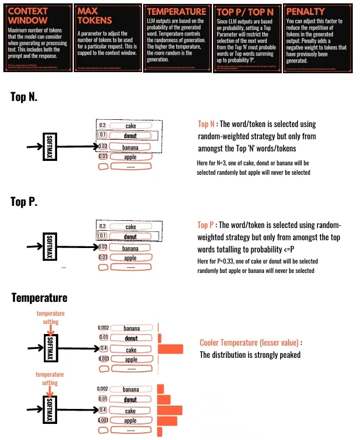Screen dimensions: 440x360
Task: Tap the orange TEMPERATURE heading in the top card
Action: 176,11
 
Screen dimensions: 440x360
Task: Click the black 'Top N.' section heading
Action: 24,97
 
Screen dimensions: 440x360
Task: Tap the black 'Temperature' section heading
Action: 39,298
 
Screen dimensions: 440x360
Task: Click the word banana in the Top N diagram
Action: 130,147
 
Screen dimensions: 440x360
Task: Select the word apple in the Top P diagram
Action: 130,257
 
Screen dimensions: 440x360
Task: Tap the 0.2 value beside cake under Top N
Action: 102,125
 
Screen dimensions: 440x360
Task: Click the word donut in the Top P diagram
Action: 130,237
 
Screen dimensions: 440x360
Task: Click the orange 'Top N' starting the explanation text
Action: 206,124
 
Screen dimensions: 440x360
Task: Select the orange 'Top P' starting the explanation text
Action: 206,225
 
